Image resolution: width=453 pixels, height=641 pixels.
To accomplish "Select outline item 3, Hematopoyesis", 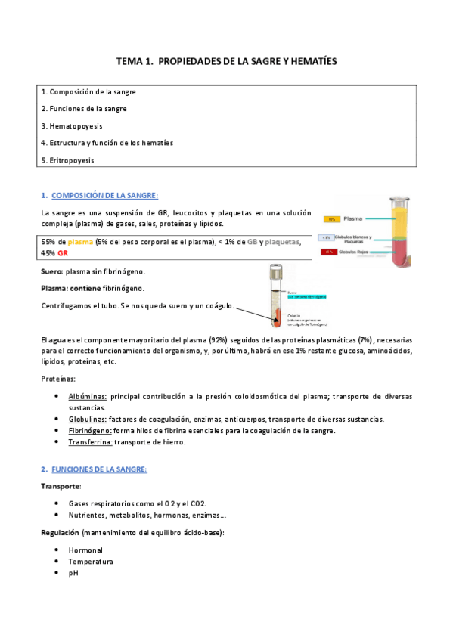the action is coord(72,125).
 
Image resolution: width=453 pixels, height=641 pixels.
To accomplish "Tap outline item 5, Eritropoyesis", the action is coord(68,159).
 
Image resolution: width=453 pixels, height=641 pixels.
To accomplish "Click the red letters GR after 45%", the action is coord(63,253).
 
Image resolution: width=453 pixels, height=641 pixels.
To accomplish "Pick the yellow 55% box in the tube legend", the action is coord(331,219).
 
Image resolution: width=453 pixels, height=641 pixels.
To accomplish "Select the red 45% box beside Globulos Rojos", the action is coord(327,250).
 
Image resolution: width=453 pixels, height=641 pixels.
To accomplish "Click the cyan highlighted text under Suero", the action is coord(305,297).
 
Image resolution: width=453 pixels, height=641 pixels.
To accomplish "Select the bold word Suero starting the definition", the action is coord(51,271).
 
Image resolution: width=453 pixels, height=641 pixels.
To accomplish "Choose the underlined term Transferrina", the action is coord(90,442).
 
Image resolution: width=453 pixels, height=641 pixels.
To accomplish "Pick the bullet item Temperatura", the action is coord(90,562).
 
